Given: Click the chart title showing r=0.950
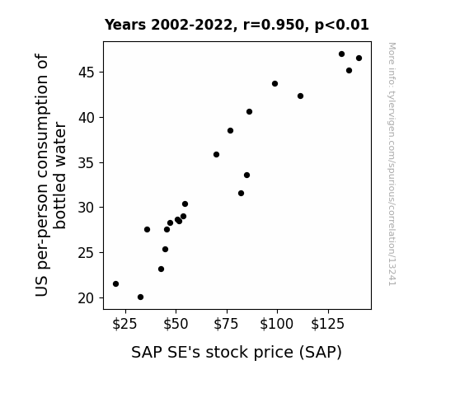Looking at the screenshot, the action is point(237,25).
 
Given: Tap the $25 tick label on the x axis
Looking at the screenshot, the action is point(124,324).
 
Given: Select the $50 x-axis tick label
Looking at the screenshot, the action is point(176,324).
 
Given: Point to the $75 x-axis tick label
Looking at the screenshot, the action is point(226,324).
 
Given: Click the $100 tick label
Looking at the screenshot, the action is point(277,324).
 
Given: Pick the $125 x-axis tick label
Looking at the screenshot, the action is point(328,324).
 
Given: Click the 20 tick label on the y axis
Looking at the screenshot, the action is point(87,298).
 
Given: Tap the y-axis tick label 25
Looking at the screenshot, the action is point(87,253).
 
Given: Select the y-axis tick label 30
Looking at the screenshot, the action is point(87,208).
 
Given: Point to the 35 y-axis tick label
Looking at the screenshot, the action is point(87,163).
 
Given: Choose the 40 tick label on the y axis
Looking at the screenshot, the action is point(87,118).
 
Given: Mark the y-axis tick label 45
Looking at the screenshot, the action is point(87,73).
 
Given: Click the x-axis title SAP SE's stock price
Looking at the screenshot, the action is point(237,353).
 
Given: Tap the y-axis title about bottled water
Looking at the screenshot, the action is point(50,176).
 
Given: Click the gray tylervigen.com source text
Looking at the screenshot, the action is point(392,164).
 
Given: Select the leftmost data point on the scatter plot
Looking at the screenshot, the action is point(115,283).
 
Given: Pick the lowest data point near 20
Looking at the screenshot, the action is point(141,297).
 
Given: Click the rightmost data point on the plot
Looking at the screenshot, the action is point(359,58).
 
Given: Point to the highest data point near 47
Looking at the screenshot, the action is point(341,54).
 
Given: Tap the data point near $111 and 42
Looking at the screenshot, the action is point(301,96).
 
